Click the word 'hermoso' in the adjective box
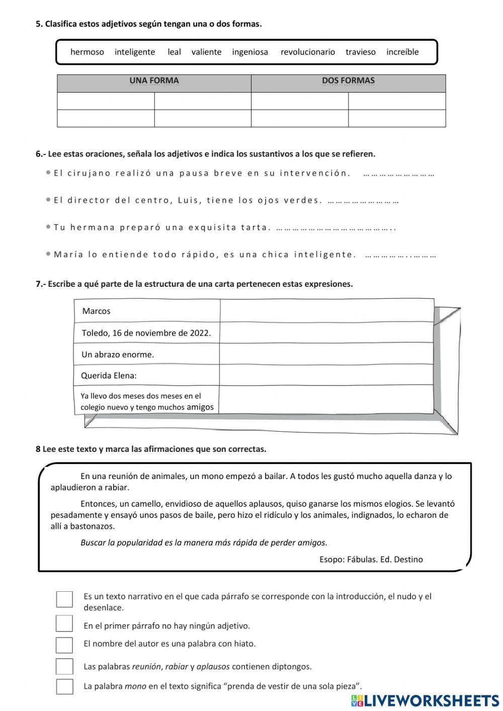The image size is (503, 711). [87, 52]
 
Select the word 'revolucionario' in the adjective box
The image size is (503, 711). [307, 52]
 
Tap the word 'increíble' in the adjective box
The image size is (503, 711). [402, 52]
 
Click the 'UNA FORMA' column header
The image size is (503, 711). [154, 81]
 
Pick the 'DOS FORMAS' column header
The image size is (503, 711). [348, 81]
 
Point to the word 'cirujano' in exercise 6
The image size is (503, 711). [89, 173]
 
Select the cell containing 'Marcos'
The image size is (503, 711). [147, 311]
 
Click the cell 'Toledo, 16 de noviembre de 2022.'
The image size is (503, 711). [146, 333]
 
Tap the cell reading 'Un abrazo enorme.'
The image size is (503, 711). [146, 354]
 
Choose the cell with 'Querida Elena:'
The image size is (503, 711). [146, 375]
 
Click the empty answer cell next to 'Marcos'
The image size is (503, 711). [326, 311]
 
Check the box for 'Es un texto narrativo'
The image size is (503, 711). [64, 599]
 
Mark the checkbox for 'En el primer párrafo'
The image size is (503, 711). [64, 623]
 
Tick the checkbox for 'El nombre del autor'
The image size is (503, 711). [64, 645]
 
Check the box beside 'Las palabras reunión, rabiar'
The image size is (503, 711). [64, 666]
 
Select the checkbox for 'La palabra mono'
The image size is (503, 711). [64, 686]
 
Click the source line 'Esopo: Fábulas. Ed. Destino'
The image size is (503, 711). [371, 559]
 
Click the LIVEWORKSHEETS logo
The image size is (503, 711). [425, 700]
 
